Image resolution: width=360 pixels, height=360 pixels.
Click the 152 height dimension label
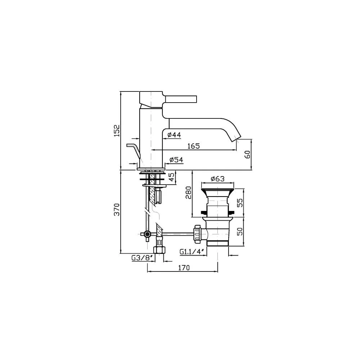click(117, 130)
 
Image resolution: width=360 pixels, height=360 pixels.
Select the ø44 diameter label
click(174, 135)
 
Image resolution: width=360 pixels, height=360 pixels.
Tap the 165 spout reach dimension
click(194, 146)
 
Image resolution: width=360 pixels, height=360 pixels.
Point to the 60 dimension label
click(248, 154)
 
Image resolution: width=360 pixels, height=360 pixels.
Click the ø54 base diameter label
click(176, 159)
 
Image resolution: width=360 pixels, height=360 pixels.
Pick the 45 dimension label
click(171, 177)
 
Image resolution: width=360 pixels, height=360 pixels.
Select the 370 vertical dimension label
click(117, 209)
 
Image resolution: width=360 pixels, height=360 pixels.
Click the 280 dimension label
click(188, 193)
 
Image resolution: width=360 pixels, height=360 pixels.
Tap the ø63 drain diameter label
click(217, 179)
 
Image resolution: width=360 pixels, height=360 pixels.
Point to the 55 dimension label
click(239, 203)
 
